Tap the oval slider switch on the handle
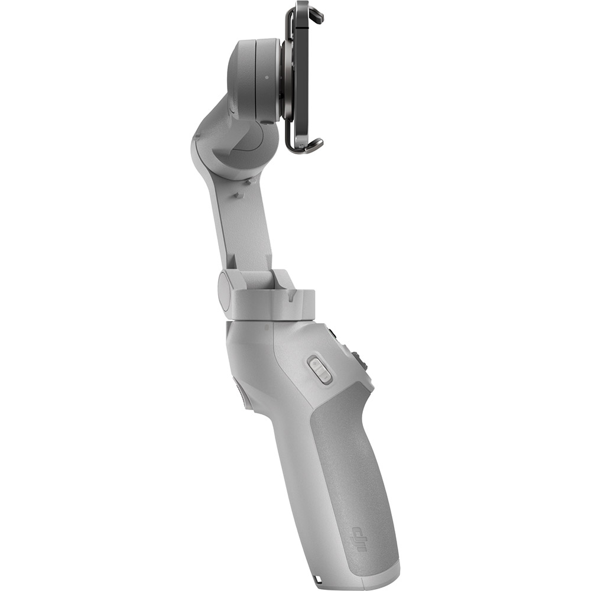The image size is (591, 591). [320, 371]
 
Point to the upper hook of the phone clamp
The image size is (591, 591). [314, 14]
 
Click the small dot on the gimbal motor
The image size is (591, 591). [267, 76]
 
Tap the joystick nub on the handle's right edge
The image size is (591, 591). [357, 360]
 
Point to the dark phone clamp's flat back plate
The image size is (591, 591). [301, 77]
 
